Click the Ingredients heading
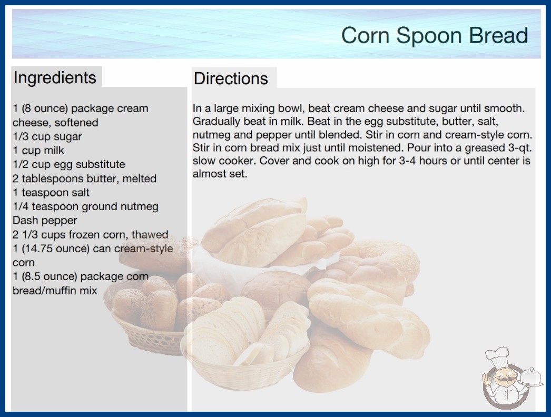(55, 78)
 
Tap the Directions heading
(231, 78)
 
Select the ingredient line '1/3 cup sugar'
(47, 137)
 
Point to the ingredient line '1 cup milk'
(38, 151)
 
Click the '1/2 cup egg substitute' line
(69, 164)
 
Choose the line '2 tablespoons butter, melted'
(84, 178)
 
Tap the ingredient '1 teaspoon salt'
(51, 193)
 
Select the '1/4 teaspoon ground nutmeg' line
(85, 206)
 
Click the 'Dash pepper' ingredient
(45, 220)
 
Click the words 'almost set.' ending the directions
(220, 174)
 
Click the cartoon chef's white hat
(498, 355)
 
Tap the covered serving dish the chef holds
(530, 377)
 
